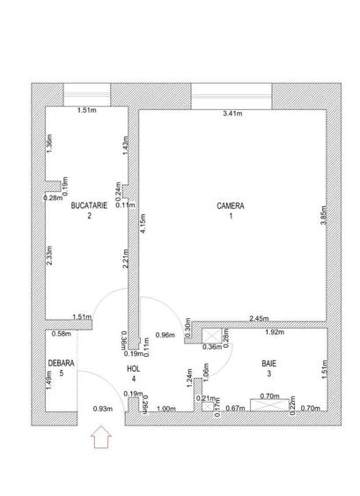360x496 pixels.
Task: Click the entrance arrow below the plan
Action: [x=101, y=437]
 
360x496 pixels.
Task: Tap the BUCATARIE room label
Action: [x=89, y=205]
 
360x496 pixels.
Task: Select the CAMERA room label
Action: [x=231, y=206]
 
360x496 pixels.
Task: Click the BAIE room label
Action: [x=269, y=364]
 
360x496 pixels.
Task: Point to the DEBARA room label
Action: [x=62, y=363]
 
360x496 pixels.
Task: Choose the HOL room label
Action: [x=134, y=368]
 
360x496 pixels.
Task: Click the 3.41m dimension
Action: [x=232, y=114]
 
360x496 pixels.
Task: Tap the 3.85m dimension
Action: [x=323, y=215]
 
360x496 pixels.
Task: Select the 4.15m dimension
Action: [x=143, y=223]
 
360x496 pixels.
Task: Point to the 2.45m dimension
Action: [x=259, y=319]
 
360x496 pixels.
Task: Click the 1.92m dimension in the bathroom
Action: [x=275, y=332]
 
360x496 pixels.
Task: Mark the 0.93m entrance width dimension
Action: [x=103, y=409]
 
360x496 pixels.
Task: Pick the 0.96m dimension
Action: [x=165, y=335]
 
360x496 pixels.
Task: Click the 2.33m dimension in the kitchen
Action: [x=49, y=255]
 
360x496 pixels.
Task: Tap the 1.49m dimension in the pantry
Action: [x=49, y=380]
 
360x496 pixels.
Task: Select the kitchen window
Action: [x=87, y=94]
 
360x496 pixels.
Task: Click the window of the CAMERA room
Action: [x=231, y=97]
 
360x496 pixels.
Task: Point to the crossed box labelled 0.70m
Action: [x=269, y=405]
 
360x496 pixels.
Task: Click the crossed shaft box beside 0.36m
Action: [x=212, y=335]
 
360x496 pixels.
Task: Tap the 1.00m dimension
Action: [x=166, y=409]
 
